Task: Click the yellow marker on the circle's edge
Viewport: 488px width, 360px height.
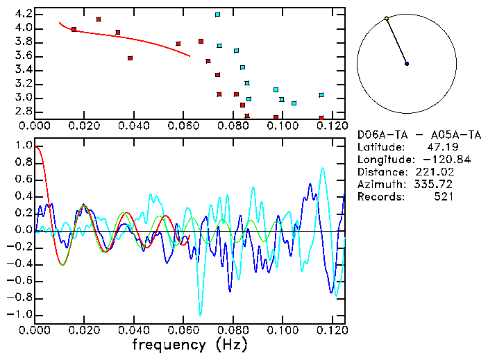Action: click(x=387, y=19)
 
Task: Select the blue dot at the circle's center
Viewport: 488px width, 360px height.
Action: click(x=407, y=64)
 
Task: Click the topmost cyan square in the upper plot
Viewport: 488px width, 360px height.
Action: click(x=217, y=15)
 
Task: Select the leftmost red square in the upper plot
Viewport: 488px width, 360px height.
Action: click(x=74, y=29)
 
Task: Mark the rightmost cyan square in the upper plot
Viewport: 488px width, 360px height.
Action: click(x=321, y=95)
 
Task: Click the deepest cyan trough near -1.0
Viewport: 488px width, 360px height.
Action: click(x=201, y=314)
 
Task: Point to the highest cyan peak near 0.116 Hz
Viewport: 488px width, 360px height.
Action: click(x=322, y=168)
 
